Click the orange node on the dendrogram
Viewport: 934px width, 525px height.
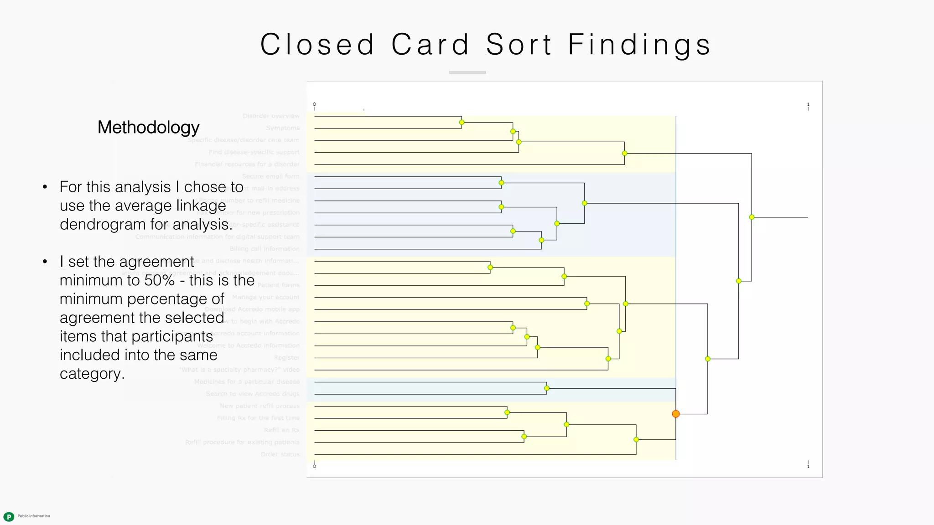click(x=675, y=414)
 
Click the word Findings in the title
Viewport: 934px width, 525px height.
click(x=639, y=45)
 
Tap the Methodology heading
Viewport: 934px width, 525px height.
click(x=148, y=127)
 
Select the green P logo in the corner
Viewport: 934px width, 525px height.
click(x=9, y=516)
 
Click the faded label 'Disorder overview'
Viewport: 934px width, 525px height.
click(x=271, y=116)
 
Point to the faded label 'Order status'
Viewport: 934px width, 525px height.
click(x=280, y=454)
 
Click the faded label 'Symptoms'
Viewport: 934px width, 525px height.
click(x=283, y=128)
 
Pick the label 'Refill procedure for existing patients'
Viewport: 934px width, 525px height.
click(x=242, y=442)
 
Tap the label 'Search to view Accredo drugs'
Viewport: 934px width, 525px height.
click(x=253, y=394)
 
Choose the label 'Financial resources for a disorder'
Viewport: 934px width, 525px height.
click(x=247, y=165)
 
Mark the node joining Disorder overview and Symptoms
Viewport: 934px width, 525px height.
click(x=462, y=122)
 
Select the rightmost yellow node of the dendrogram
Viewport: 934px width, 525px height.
click(x=752, y=217)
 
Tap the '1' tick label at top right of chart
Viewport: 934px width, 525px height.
click(x=808, y=104)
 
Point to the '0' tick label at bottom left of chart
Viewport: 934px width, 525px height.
click(x=314, y=466)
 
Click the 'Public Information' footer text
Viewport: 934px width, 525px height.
click(x=34, y=516)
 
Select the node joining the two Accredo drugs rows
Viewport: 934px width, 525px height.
click(x=546, y=388)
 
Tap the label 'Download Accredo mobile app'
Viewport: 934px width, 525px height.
click(x=252, y=309)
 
